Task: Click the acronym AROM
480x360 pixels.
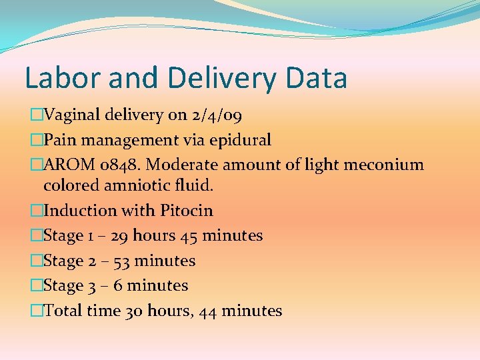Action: (x=67, y=165)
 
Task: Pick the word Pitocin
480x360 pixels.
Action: (x=187, y=211)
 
